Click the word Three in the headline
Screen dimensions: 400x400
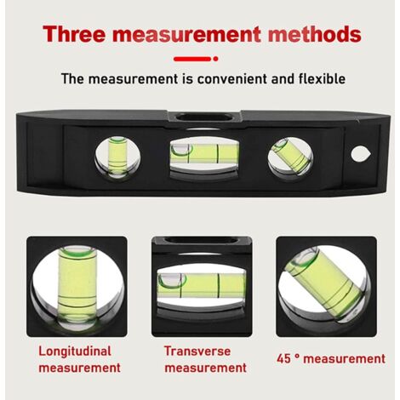[74, 34]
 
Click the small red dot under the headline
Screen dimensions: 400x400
[215, 59]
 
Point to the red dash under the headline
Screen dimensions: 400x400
[192, 59]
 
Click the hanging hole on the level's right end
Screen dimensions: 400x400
[361, 154]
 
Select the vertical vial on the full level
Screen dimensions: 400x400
[117, 157]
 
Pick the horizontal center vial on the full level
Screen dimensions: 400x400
[204, 153]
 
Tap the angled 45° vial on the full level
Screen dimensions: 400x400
[290, 156]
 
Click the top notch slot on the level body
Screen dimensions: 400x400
[204, 117]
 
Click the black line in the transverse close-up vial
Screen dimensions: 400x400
[219, 286]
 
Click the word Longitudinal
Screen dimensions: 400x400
[75, 351]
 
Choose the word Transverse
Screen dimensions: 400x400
[197, 351]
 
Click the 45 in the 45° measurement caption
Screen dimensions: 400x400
[283, 359]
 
